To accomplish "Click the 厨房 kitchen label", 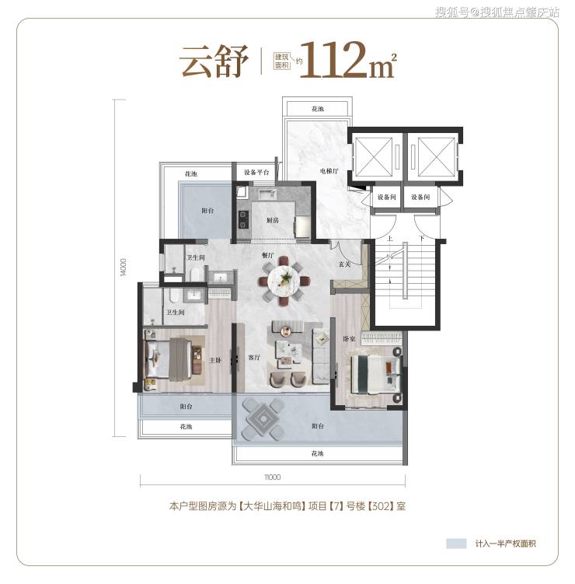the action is coord(273,220).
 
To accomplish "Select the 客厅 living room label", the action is coord(254,358).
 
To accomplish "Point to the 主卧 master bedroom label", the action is coord(215,360).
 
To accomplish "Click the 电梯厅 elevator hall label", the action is coord(329,171).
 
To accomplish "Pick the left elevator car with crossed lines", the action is coord(373,156).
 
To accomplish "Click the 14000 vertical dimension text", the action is coord(124,268).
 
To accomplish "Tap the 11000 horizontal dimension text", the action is coord(273,477).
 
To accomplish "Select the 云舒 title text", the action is coord(214,61).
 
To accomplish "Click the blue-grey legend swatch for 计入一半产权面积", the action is coord(456,544).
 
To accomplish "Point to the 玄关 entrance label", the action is coord(344,264).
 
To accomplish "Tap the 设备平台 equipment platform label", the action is coord(256,173).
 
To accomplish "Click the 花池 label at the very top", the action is coord(318,109).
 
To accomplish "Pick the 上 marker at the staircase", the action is coord(389,239).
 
